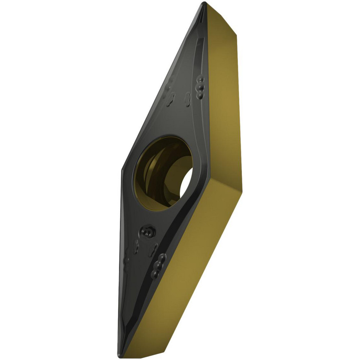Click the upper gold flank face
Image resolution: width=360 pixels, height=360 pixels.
(x=223, y=101)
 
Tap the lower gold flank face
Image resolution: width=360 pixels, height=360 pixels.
(x=187, y=274)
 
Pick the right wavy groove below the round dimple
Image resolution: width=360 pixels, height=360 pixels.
(x=154, y=248)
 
